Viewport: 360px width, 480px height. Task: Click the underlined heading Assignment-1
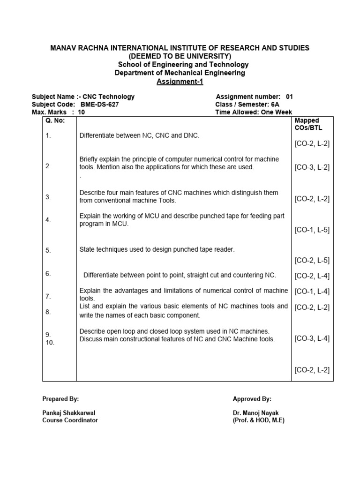coord(180,82)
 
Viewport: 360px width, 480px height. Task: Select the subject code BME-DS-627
coord(99,105)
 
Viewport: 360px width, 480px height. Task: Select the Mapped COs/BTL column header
coord(308,124)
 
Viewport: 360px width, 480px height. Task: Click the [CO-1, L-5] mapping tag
coord(312,230)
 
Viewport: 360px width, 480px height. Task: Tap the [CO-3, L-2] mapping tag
coord(312,167)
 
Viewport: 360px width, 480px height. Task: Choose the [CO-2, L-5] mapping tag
coord(312,260)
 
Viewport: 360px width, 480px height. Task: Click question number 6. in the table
coord(48,274)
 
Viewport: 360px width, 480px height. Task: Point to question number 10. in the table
coord(50,342)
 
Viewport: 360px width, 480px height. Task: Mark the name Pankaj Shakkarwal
coord(69,413)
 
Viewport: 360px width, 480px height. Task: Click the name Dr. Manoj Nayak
coord(256,413)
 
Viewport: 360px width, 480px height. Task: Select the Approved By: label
coord(252,399)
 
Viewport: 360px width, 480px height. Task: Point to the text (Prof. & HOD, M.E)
coord(259,420)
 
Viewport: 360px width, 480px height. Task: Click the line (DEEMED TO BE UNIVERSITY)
coord(180,56)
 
